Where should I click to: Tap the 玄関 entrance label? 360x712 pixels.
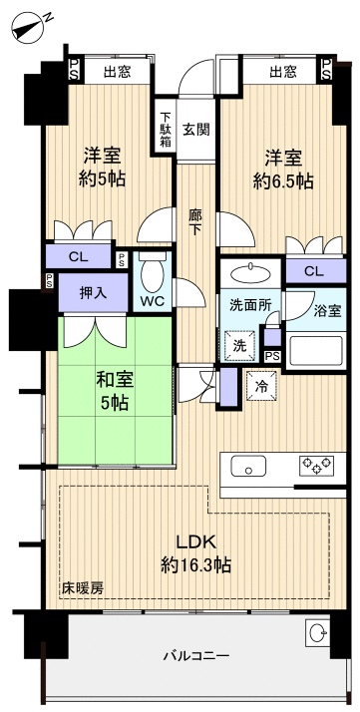pyautogui.click(x=196, y=130)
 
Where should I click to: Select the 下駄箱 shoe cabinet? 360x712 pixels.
pyautogui.click(x=165, y=129)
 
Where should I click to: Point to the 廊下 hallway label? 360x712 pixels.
pyautogui.click(x=196, y=219)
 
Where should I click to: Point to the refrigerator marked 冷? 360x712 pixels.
pyautogui.click(x=260, y=386)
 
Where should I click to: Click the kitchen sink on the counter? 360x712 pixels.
pyautogui.click(x=247, y=466)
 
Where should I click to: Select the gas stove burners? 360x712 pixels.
pyautogui.click(x=318, y=465)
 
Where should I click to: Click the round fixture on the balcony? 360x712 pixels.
pyautogui.click(x=318, y=632)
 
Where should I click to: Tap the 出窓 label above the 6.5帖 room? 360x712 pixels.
pyautogui.click(x=283, y=71)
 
